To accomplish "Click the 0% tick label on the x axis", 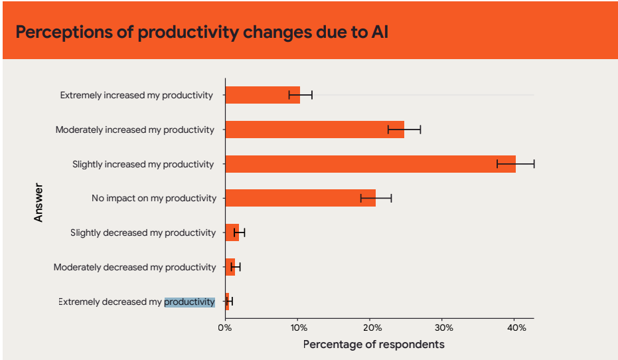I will [225, 327].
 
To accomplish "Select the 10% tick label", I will [298, 327].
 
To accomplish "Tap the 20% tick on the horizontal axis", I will [371, 327].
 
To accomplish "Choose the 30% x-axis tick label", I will [444, 327].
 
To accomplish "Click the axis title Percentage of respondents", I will [374, 344].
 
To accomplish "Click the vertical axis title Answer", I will [39, 203].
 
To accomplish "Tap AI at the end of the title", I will [378, 32].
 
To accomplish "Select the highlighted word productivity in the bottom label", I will [190, 302].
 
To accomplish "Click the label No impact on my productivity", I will [154, 198].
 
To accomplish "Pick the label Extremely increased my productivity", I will [137, 95].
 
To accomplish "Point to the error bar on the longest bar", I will [515, 164].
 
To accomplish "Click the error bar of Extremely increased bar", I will [301, 95].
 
